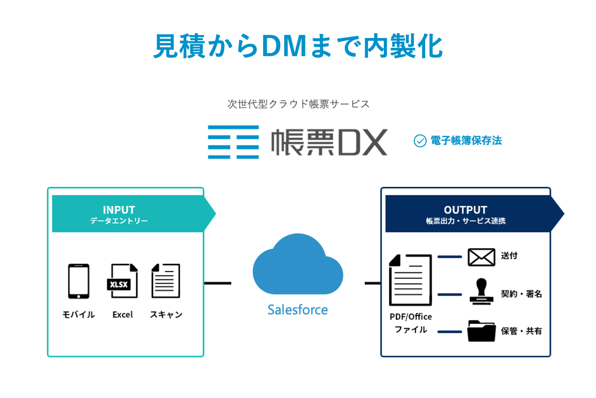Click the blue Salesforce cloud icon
pos(298,266)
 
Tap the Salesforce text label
pos(298,310)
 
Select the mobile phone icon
pos(79,281)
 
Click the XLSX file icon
pos(123,281)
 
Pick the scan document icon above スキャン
pos(166,281)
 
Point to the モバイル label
pos(79,315)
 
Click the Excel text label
pos(122,315)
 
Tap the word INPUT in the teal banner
pos(119,210)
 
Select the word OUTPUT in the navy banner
pos(465,210)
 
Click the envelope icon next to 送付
pos(481,257)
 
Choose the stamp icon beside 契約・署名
pos(481,291)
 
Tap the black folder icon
pos(481,331)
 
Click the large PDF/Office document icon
pos(410,280)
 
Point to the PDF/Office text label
pos(410,316)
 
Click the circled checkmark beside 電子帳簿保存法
pos(420,141)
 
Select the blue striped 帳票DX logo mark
pos(233,142)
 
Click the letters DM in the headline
pos(284,46)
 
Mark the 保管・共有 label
pos(521,331)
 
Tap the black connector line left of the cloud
pos(218,283)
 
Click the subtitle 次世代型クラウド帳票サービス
pos(298,104)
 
